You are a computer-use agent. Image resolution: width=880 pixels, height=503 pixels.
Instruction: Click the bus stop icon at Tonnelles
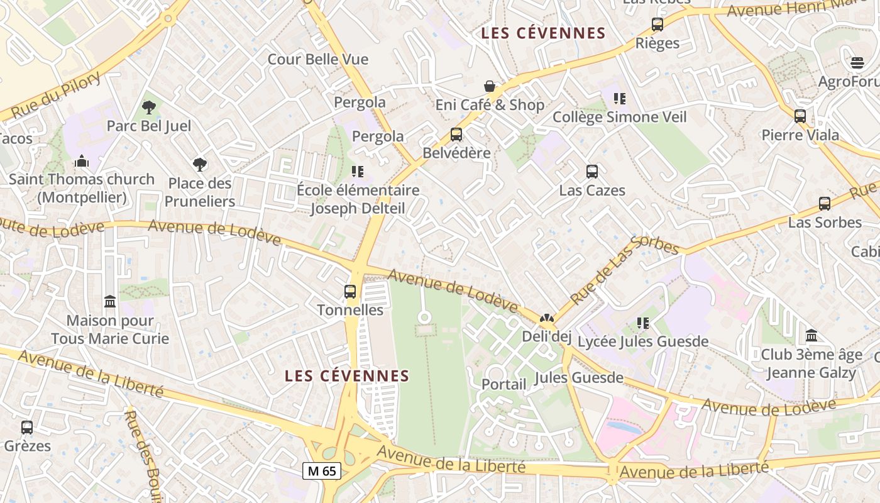(x=350, y=292)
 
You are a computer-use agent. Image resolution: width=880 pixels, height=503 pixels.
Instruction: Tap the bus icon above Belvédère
(x=456, y=135)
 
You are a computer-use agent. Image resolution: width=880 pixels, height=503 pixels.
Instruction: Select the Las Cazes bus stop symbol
(x=592, y=172)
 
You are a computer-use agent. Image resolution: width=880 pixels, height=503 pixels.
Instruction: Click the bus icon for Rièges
(x=657, y=25)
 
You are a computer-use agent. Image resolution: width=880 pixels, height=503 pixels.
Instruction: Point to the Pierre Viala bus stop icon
(x=800, y=116)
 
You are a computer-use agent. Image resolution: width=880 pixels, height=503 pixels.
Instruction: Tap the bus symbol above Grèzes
(x=27, y=428)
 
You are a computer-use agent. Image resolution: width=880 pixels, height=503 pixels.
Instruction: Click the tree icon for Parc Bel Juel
(x=149, y=108)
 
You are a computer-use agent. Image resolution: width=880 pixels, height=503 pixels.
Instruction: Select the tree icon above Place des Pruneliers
(x=200, y=165)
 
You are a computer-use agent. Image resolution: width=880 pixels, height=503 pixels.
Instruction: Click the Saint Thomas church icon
(x=82, y=162)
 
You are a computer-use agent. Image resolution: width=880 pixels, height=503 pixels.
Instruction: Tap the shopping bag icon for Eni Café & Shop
(x=490, y=86)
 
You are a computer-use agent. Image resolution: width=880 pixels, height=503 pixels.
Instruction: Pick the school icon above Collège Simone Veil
(x=620, y=99)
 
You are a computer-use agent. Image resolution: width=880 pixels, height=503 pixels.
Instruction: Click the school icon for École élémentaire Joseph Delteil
(x=358, y=172)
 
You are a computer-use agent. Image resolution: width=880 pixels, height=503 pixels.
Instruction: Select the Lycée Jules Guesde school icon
(x=642, y=323)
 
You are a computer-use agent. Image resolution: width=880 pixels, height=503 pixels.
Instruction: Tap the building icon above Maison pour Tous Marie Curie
(x=110, y=302)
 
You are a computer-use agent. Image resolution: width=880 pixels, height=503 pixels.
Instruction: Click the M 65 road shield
(x=322, y=471)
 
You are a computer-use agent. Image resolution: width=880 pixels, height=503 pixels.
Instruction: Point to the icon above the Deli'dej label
(x=546, y=319)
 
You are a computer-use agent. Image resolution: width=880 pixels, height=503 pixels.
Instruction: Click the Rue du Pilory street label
(x=56, y=96)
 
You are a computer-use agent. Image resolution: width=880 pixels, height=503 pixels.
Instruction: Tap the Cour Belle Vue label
(x=318, y=60)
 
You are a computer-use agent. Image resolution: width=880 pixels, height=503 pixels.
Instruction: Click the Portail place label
(x=503, y=384)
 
